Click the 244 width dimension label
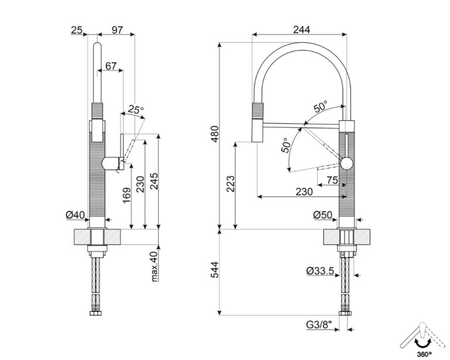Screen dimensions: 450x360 (x=302, y=29)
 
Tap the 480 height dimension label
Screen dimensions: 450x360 (x=214, y=134)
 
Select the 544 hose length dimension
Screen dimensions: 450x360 (x=214, y=270)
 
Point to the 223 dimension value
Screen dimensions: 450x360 (x=230, y=184)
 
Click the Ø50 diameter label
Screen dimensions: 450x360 (x=323, y=215)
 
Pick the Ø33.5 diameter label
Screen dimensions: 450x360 (x=320, y=271)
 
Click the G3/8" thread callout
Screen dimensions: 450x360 (x=319, y=325)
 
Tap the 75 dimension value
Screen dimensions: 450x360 (x=332, y=180)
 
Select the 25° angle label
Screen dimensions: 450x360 (x=136, y=110)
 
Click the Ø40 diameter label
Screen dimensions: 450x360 (x=75, y=215)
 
